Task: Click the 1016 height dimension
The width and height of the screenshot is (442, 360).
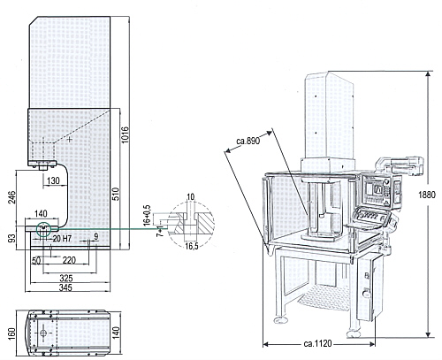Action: point(126,134)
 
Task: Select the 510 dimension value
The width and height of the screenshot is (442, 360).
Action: point(116,194)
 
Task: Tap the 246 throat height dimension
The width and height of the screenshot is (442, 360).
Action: point(12,197)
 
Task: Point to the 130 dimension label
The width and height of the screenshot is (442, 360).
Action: point(53,180)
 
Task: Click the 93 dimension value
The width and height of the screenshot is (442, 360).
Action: point(12,238)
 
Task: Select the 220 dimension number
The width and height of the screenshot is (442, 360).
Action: point(69,260)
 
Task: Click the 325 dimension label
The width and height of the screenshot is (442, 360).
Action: point(66,278)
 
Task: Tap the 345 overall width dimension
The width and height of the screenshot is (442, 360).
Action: point(65,287)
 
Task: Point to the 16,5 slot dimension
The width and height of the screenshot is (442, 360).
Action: point(192,246)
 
